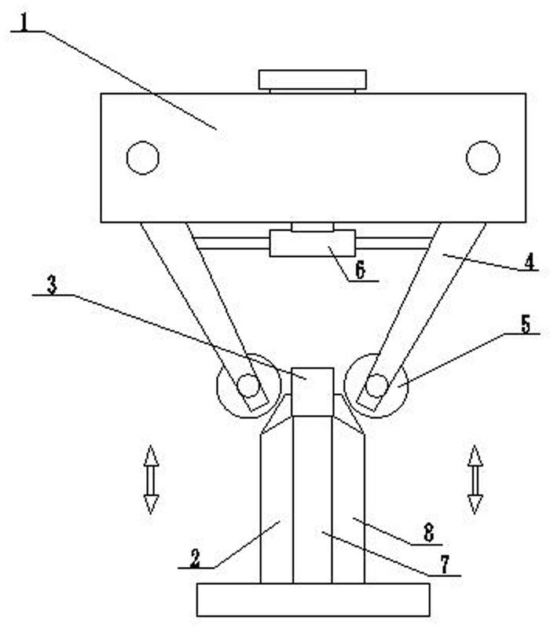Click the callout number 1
24,24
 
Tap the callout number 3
52,285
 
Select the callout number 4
530,263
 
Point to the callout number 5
526,325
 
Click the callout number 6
360,270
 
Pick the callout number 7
445,565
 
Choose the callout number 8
428,534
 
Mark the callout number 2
195,558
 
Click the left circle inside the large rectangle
143,158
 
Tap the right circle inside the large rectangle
482,158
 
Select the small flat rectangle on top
312,80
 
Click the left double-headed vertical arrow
151,480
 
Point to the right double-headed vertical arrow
475,480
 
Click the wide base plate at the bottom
313,600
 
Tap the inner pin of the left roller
248,385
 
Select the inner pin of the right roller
376,385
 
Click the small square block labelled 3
313,392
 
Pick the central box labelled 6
312,243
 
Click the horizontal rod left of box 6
231,243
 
